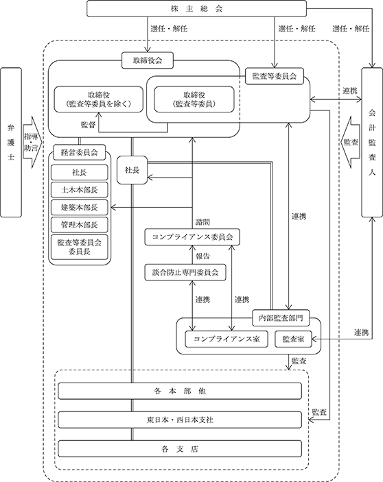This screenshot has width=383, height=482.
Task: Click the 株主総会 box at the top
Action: tap(196, 9)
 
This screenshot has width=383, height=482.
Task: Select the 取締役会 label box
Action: tap(148, 60)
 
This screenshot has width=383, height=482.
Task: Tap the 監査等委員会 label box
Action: tap(275, 76)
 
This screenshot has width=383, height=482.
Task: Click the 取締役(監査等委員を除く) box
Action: tap(99, 99)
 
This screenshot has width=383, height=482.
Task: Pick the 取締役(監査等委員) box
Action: tap(194, 99)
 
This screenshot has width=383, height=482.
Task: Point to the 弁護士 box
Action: tap(11, 143)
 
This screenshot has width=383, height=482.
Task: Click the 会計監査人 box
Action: tap(372, 143)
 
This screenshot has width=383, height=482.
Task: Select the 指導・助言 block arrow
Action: tap(32, 143)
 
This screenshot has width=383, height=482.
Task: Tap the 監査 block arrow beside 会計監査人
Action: tap(350, 143)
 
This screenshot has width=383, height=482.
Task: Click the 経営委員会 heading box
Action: tap(80, 152)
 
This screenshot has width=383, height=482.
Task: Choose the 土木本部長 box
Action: tap(80, 190)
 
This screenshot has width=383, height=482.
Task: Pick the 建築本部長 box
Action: tap(80, 207)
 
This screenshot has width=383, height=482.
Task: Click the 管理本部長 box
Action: tap(80, 225)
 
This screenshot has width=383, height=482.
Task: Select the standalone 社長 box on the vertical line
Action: tap(132, 170)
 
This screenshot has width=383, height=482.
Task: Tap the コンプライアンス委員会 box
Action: tap(192, 237)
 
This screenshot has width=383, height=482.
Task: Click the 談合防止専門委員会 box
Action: tap(185, 272)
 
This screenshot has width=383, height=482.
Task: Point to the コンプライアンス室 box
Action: tap(227, 339)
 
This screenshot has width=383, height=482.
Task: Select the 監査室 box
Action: tap(294, 339)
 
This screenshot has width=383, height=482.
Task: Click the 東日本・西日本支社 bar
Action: tap(180, 420)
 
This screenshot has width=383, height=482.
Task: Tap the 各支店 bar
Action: tap(180, 449)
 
